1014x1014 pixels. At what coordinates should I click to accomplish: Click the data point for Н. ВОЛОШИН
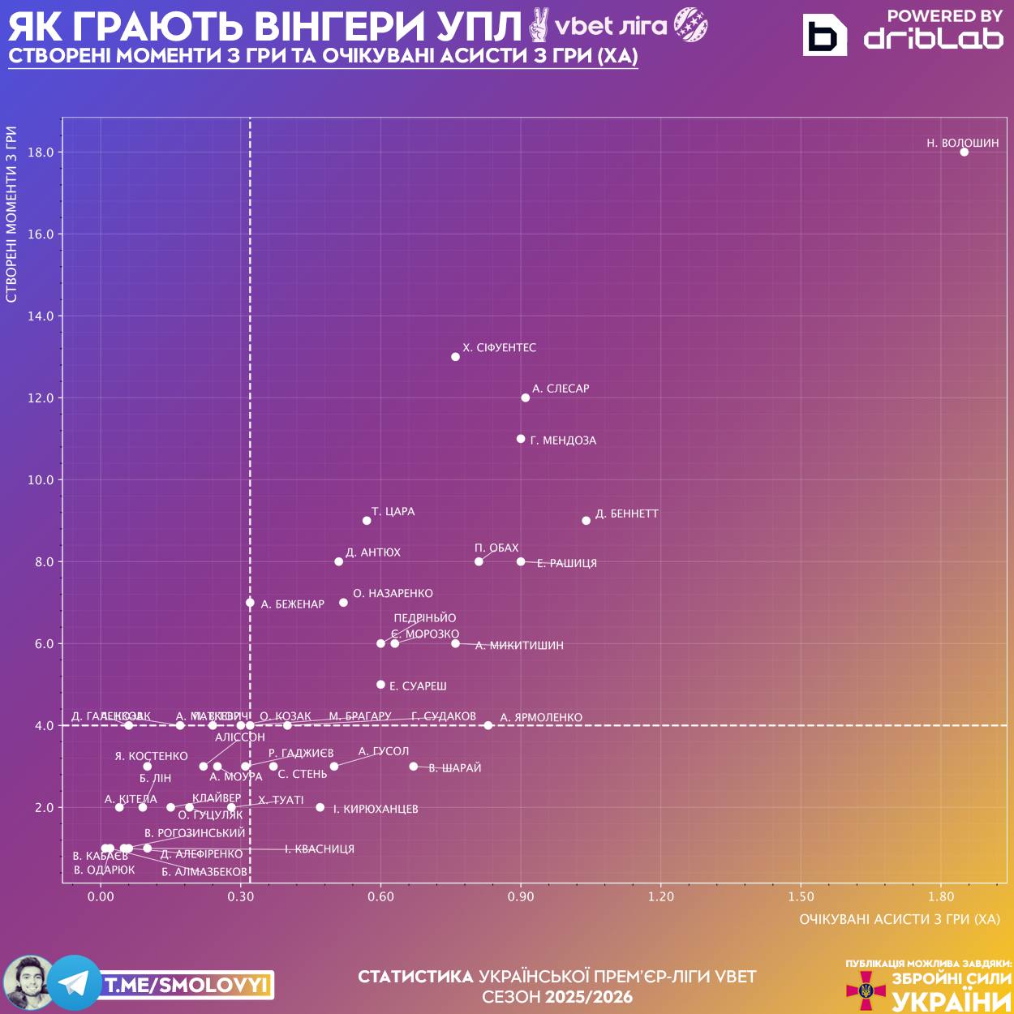(964, 152)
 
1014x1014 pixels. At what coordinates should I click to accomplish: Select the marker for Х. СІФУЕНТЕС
(455, 357)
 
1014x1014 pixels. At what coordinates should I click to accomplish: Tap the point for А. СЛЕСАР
(526, 397)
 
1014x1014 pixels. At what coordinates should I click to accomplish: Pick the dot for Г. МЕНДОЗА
(521, 439)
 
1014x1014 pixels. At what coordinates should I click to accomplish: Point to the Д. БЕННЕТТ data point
(586, 521)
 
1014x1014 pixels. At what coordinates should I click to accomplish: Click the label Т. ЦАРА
(393, 512)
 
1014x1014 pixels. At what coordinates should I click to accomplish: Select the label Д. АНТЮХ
(373, 552)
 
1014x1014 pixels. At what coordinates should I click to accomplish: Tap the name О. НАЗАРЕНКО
(393, 594)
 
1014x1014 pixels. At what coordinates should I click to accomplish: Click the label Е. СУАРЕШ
(418, 686)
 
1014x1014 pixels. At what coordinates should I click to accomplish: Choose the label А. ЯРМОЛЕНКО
(541, 717)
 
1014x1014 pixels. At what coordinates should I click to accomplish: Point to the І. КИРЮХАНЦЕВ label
(376, 809)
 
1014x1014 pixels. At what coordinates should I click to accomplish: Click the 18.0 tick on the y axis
(41, 153)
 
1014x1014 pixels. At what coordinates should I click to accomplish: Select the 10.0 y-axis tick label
(41, 480)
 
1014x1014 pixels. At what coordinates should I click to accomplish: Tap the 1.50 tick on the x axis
(801, 896)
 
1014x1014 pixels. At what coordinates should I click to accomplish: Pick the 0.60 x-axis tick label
(380, 896)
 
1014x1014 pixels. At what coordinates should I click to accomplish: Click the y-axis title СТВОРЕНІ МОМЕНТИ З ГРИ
(11, 214)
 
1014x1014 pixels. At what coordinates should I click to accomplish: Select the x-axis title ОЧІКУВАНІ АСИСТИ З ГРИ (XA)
(900, 919)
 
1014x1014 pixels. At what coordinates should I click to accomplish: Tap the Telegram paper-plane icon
(75, 983)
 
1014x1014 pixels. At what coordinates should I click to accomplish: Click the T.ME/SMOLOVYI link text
(187, 986)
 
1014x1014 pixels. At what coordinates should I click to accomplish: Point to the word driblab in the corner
(933, 38)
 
